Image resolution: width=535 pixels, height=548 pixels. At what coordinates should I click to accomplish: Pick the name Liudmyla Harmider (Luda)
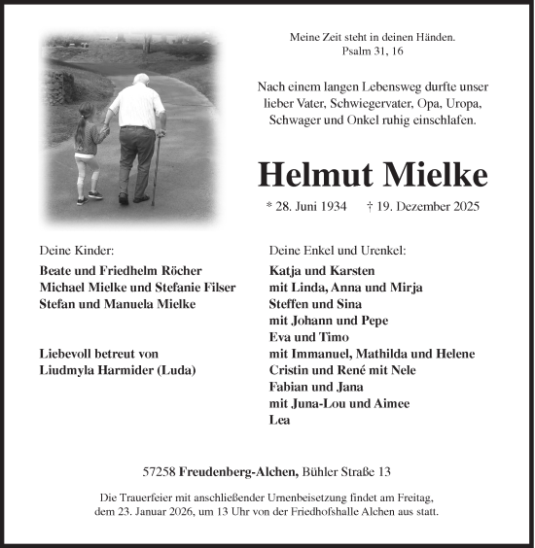[118, 371]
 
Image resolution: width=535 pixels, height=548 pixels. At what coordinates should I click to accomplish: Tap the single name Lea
[279, 421]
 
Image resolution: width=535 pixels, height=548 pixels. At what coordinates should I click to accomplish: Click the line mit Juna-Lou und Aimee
[339, 404]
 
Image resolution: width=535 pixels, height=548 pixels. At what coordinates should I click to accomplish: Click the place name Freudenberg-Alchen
[237, 471]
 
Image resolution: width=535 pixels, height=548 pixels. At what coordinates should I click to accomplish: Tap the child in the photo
[88, 151]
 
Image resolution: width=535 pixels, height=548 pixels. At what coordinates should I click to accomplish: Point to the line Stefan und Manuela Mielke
[118, 304]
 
